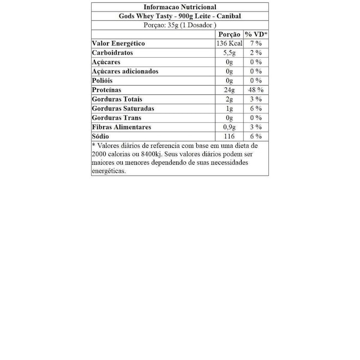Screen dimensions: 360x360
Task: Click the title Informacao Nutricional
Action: point(179,7)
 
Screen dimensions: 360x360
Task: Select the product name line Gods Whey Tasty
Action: point(179,16)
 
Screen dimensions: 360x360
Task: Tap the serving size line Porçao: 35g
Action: point(179,25)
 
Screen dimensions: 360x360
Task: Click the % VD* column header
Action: point(256,34)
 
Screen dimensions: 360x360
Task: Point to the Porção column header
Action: point(229,34)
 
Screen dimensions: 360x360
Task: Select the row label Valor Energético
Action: point(118,44)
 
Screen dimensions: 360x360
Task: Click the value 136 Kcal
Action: point(229,44)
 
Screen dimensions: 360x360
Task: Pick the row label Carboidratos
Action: point(112,53)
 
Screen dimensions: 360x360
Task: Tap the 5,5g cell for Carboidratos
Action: point(229,53)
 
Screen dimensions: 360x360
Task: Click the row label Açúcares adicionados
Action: point(125,71)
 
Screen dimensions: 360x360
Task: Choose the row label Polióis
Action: point(103,81)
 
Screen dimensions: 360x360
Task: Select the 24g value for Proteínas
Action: point(229,90)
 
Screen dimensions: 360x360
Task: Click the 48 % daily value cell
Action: point(256,90)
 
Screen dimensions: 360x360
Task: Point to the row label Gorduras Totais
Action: point(117,99)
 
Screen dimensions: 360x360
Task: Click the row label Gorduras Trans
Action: point(116,118)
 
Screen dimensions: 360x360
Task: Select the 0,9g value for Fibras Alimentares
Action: point(229,127)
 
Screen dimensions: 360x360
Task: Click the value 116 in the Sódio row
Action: point(229,136)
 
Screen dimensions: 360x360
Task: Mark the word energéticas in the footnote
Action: point(109,171)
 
